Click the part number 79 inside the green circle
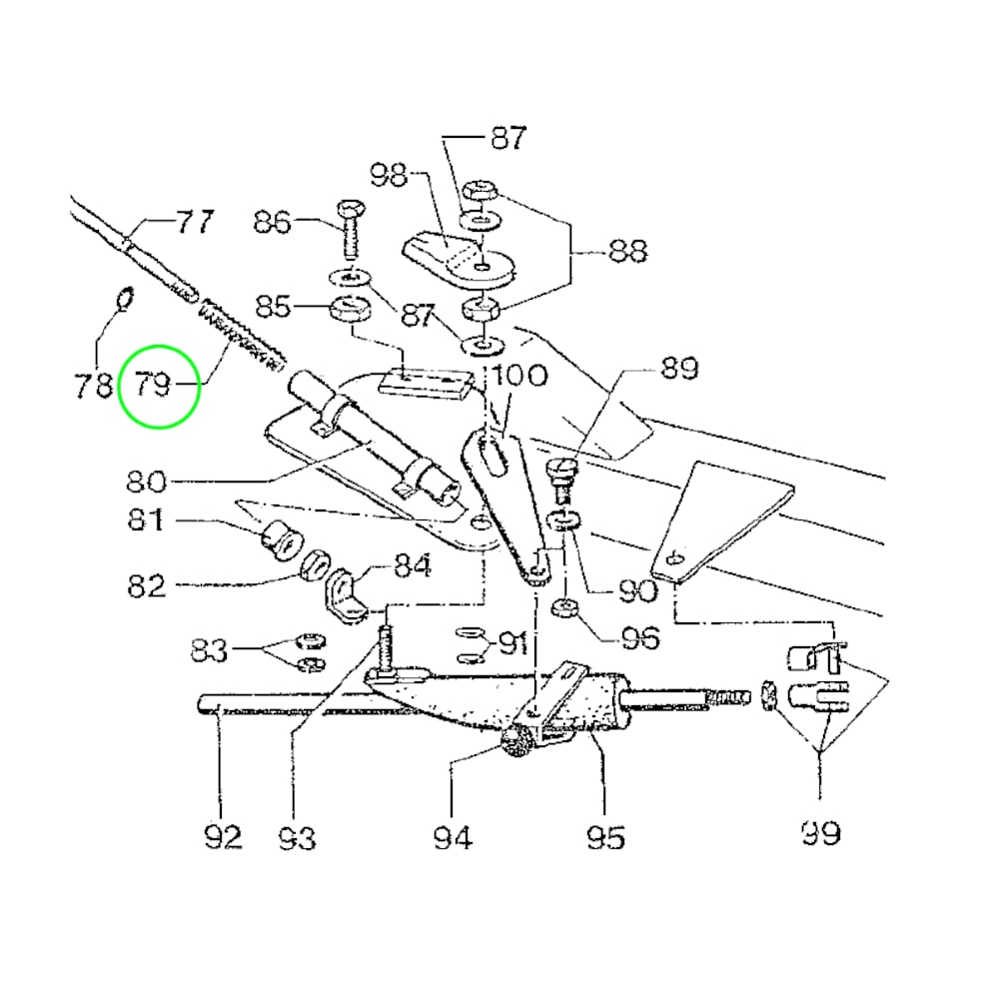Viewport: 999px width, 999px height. click(154, 385)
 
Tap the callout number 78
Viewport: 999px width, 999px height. click(94, 386)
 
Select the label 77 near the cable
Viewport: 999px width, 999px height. click(195, 222)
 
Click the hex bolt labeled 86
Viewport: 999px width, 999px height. click(350, 230)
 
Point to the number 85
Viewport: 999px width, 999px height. click(274, 307)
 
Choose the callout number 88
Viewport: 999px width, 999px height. click(628, 251)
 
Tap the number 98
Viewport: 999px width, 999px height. click(389, 174)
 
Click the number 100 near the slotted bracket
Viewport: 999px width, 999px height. click(519, 375)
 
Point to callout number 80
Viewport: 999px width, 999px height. click(146, 482)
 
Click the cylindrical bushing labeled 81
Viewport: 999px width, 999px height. click(281, 539)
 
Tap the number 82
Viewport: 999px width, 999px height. click(147, 584)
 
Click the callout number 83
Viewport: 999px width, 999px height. click(210, 650)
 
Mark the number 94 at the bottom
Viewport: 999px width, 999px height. click(453, 837)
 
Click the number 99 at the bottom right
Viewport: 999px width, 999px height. click(820, 832)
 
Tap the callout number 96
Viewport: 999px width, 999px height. click(639, 637)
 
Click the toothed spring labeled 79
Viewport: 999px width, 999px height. click(241, 334)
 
